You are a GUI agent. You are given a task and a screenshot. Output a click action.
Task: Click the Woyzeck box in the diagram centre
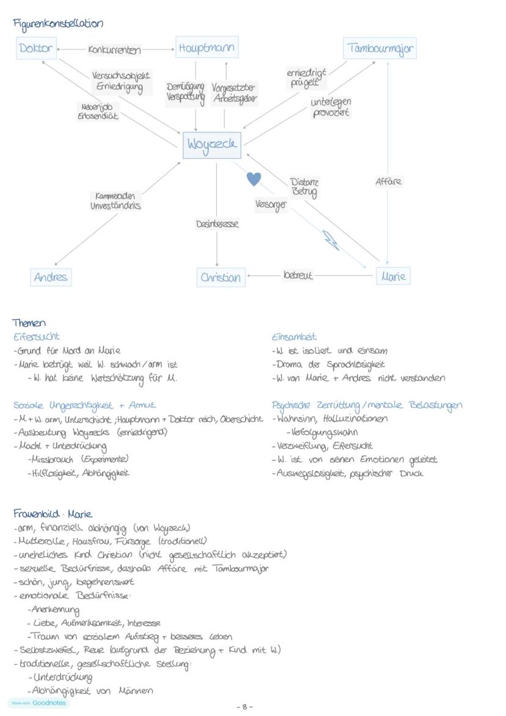(211, 145)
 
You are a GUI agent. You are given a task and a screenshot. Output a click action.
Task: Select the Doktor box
(36, 48)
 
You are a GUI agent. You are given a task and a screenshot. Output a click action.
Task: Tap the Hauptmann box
(207, 48)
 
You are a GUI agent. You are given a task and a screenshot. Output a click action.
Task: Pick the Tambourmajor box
(380, 48)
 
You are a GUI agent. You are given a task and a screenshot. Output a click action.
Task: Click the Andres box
(51, 277)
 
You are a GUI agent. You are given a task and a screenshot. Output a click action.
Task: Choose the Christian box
(221, 277)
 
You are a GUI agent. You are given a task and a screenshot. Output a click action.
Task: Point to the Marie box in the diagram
(392, 276)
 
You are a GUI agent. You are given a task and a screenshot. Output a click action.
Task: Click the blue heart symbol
(254, 179)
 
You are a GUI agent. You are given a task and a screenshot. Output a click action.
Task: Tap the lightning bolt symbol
(331, 240)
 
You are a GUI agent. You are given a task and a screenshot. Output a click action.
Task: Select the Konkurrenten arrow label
(114, 50)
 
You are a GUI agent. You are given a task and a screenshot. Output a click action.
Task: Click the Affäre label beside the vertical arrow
(388, 182)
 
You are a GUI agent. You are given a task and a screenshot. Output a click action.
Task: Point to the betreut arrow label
(298, 276)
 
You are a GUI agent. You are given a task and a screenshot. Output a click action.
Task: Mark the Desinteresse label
(217, 224)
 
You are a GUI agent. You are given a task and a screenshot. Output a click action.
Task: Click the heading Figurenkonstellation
(58, 24)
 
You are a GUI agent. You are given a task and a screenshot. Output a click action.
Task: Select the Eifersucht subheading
(37, 337)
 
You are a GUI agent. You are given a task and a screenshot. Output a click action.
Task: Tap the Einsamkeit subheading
(294, 337)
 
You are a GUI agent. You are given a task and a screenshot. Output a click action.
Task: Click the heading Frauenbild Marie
(53, 514)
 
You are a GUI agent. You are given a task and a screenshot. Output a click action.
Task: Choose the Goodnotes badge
(38, 703)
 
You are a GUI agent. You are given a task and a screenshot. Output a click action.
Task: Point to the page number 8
(244, 707)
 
